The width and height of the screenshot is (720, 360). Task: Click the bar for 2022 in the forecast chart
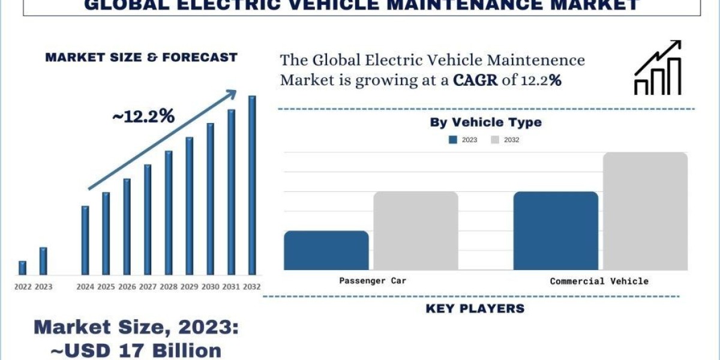pyautogui.click(x=22, y=268)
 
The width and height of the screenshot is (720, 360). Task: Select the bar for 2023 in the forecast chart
pyautogui.click(x=43, y=261)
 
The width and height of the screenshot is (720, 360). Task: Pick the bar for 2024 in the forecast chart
pyautogui.click(x=85, y=240)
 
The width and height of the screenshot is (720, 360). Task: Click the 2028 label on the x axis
pyautogui.click(x=169, y=287)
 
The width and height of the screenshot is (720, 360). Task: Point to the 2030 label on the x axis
pyautogui.click(x=210, y=287)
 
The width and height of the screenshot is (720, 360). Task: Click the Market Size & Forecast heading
pyautogui.click(x=142, y=58)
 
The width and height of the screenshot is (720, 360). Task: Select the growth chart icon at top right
pyautogui.click(x=658, y=68)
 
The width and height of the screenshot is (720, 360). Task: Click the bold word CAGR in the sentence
pyautogui.click(x=475, y=80)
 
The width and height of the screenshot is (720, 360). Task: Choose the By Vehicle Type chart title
pyautogui.click(x=485, y=122)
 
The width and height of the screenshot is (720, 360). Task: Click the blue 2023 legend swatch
pyautogui.click(x=453, y=140)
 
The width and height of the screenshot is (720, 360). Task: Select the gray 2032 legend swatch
pyautogui.click(x=495, y=140)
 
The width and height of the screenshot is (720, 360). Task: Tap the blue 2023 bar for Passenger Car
pyautogui.click(x=326, y=250)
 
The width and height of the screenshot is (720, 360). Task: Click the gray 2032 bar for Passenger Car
pyautogui.click(x=416, y=231)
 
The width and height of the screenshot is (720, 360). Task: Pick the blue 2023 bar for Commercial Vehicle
pyautogui.click(x=556, y=231)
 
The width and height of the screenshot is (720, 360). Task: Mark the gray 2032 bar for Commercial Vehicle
pyautogui.click(x=645, y=211)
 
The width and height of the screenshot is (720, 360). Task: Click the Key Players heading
pyautogui.click(x=475, y=309)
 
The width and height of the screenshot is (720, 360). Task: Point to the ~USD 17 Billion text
pyautogui.click(x=127, y=350)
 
